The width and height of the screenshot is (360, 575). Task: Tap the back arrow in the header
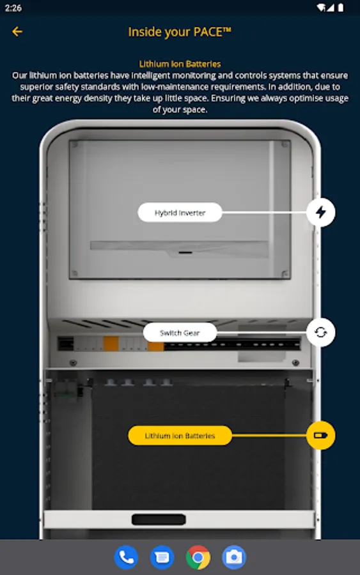click(x=17, y=31)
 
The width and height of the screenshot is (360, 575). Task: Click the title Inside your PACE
click(x=180, y=33)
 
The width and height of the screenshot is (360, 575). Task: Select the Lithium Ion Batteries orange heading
click(x=180, y=64)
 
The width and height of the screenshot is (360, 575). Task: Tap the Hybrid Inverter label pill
click(x=180, y=212)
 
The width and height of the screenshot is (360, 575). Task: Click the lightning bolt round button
click(x=321, y=212)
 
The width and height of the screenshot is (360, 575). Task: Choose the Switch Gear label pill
click(x=180, y=333)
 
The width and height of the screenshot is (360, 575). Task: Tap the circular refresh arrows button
click(x=321, y=332)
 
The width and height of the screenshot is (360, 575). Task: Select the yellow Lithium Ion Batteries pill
click(x=180, y=435)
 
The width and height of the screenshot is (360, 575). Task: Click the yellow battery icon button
click(x=321, y=435)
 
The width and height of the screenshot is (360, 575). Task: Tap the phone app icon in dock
click(x=126, y=557)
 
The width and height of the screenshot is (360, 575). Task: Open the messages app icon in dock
click(x=162, y=557)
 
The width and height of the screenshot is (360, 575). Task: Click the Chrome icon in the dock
click(x=198, y=557)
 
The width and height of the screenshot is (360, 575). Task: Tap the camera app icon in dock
click(x=234, y=557)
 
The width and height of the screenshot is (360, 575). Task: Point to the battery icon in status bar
click(x=341, y=8)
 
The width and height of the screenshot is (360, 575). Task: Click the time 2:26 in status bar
click(x=13, y=8)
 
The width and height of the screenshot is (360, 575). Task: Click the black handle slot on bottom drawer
click(x=159, y=519)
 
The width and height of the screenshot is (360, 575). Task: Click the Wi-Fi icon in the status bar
click(x=322, y=8)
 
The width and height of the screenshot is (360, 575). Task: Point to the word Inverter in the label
click(x=193, y=213)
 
